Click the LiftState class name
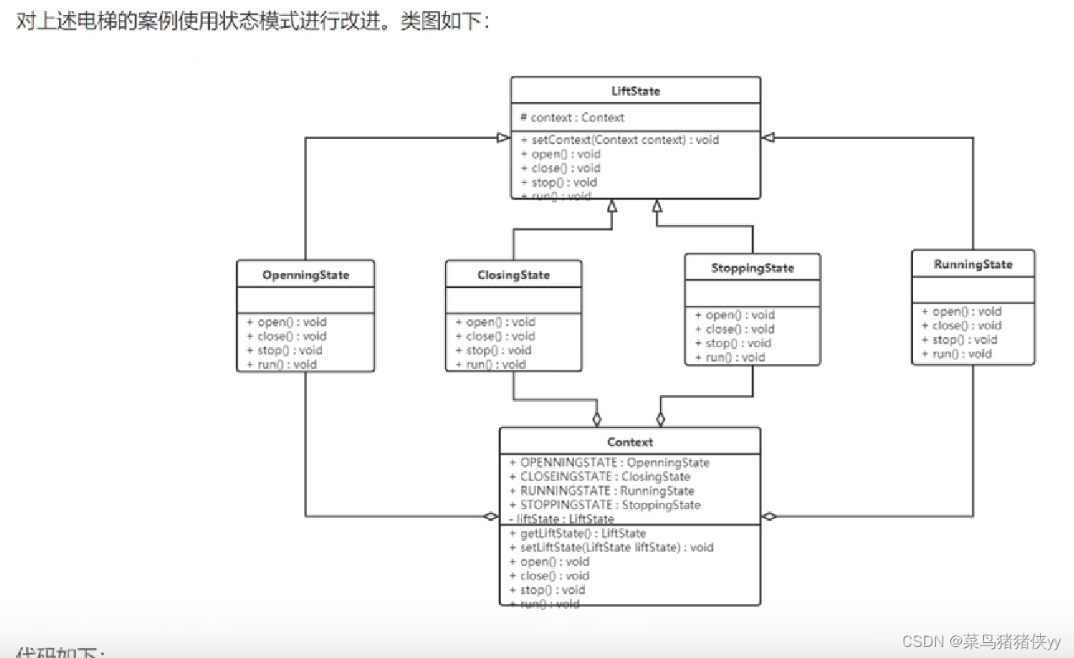click(635, 90)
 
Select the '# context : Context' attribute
click(572, 118)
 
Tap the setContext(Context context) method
click(620, 140)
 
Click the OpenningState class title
click(305, 275)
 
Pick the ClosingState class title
click(513, 275)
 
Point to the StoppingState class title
click(752, 268)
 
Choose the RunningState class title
click(973, 265)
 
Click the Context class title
click(630, 441)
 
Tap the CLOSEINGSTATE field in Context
click(599, 477)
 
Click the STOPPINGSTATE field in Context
click(604, 505)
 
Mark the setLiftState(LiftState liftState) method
click(611, 548)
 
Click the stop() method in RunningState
click(959, 340)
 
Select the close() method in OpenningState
click(286, 336)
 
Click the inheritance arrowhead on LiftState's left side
click(502, 137)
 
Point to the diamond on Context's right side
click(769, 516)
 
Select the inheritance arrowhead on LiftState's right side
click(768, 137)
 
